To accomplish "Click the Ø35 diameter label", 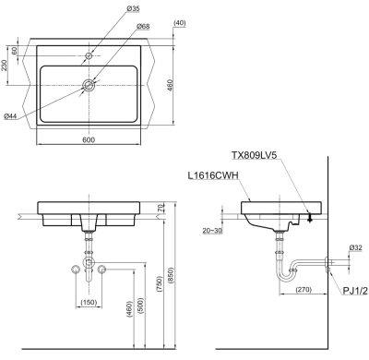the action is tap(133, 8).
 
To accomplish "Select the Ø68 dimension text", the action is tap(143, 27).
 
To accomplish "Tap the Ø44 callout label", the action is tap(10, 116).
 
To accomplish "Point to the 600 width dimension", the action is tap(89, 139).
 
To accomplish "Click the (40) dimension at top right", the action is tap(180, 23).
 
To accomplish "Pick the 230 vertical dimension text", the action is tap(4, 66).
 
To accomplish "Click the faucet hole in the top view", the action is tap(89, 55).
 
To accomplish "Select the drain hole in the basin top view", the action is tap(89, 85).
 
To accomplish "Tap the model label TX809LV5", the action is tap(255, 155).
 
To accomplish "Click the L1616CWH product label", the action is tap(213, 175).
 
